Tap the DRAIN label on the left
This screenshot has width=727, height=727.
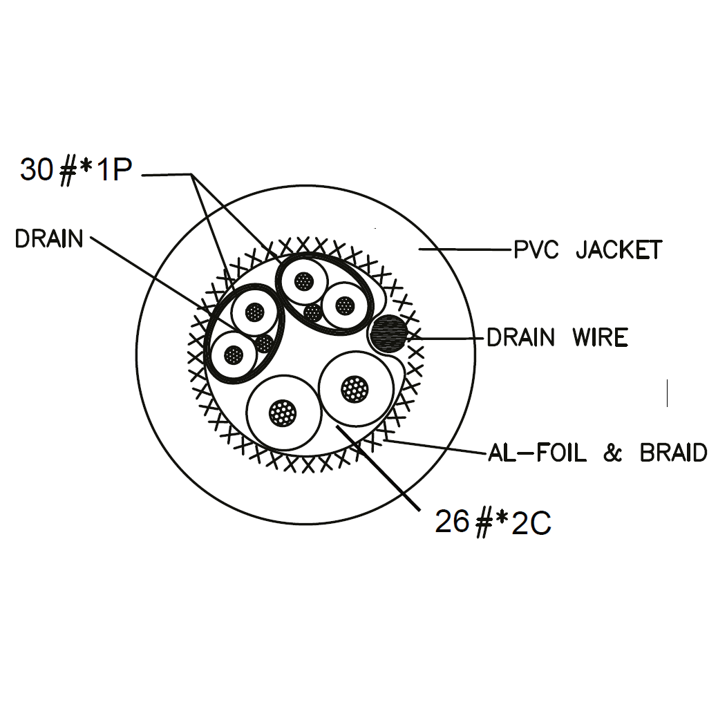pos(49,239)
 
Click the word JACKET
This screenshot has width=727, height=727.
pos(619,249)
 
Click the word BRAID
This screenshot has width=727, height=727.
pos(673,453)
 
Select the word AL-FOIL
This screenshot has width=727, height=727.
pos(537,453)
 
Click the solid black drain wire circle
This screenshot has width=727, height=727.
pos(388,333)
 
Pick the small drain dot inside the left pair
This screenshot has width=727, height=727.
pos(264,343)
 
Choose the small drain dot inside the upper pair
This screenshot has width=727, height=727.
pos(313,312)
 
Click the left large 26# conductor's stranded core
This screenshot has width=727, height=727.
pos(283,413)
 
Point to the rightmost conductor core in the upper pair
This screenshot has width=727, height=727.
pos(343,304)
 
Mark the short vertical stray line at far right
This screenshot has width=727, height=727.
pos(667,393)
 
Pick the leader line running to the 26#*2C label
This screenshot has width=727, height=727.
pos(387,477)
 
